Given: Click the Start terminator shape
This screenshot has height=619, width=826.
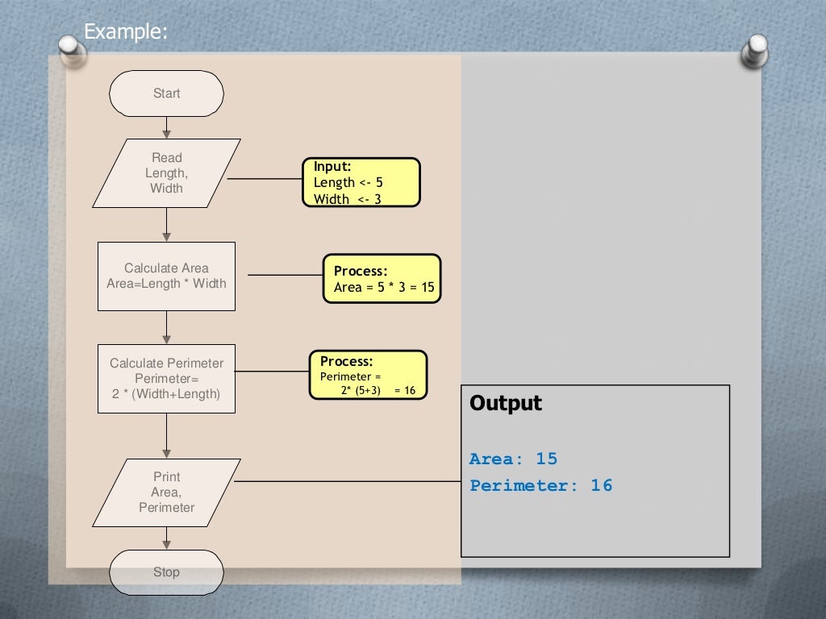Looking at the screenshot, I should (x=166, y=93).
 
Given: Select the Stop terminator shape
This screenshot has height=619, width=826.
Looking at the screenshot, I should (x=166, y=571).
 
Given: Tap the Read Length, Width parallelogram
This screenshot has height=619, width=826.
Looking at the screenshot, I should (x=166, y=173).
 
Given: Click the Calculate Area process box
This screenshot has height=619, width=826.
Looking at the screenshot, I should (x=166, y=276).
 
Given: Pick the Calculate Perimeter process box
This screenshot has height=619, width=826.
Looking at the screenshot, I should (x=166, y=379).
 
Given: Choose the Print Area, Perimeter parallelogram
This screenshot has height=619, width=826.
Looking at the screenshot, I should (x=166, y=492).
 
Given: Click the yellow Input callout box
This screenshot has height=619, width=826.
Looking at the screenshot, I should (x=361, y=182).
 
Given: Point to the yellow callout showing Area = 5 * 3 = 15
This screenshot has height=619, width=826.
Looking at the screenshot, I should (x=382, y=279).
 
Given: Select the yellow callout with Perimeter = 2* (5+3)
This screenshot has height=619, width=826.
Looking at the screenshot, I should (x=368, y=375).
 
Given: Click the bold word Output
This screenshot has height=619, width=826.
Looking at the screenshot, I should (x=506, y=403).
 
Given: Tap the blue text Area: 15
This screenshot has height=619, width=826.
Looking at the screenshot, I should (x=513, y=459).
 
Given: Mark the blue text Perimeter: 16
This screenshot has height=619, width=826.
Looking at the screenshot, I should (x=540, y=485).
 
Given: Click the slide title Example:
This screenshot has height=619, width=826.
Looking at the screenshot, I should (x=127, y=31).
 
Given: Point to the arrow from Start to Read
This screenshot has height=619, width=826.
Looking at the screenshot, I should (x=166, y=127).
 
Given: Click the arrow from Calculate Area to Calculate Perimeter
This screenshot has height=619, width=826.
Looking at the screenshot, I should (x=166, y=327).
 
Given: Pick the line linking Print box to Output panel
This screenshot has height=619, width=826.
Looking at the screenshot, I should (x=347, y=482).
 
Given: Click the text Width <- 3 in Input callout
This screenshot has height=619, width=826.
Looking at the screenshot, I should (x=347, y=199).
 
